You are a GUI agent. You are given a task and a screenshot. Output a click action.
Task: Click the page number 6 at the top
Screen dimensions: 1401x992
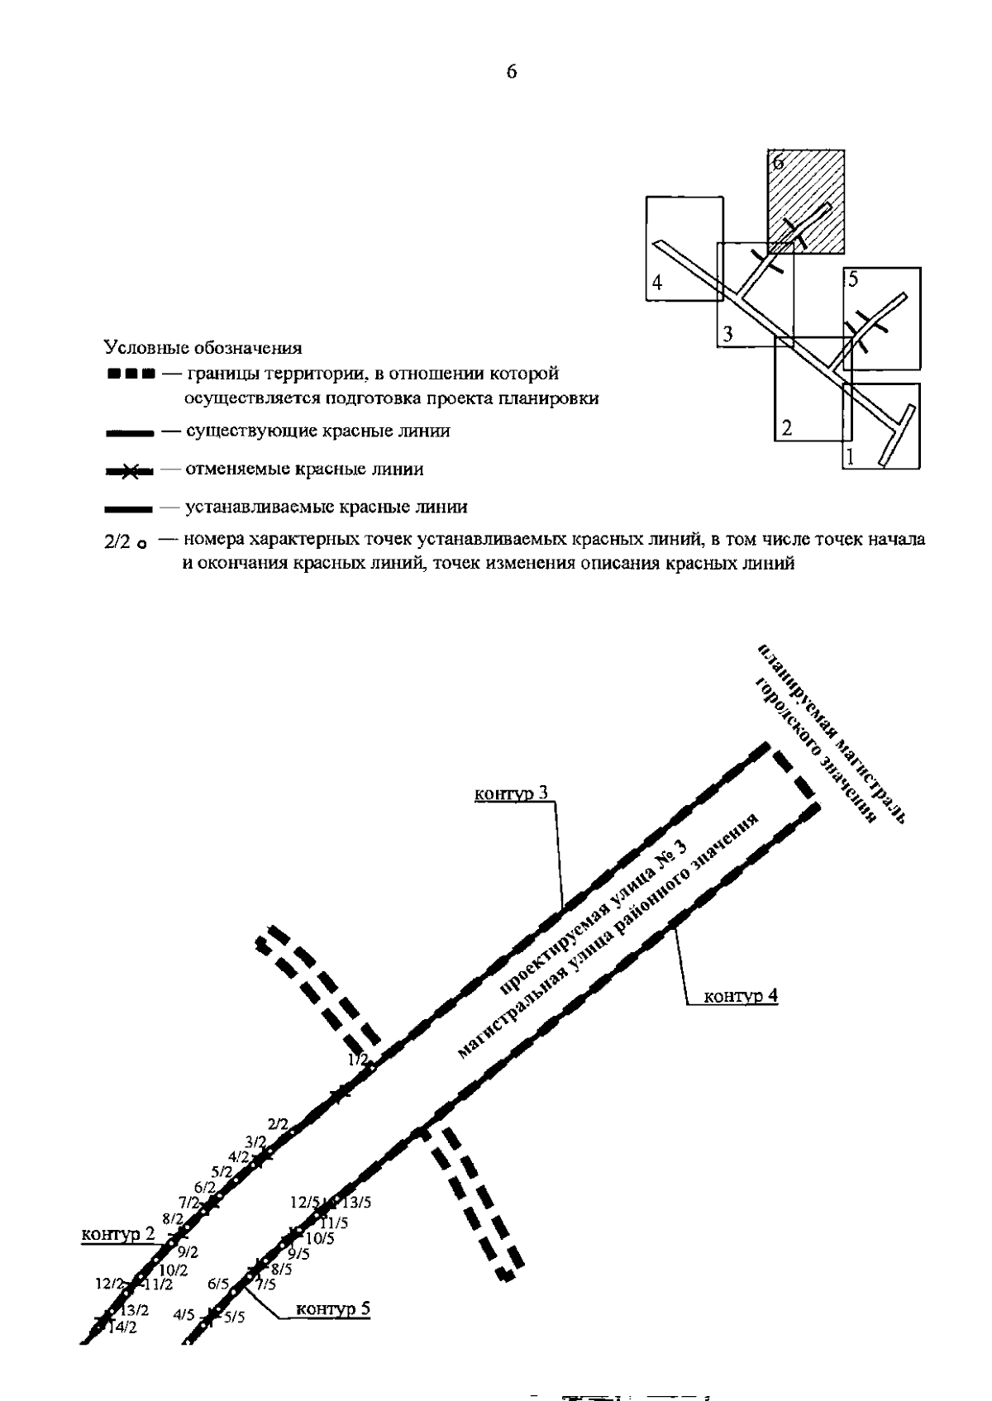511,72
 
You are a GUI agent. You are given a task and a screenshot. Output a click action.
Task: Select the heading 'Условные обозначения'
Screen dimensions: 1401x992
203,348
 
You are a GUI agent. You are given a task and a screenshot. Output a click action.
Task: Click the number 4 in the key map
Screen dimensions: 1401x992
657,284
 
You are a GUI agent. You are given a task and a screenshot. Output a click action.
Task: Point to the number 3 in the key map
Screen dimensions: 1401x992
727,335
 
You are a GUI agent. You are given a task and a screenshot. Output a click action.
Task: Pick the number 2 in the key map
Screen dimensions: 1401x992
787,428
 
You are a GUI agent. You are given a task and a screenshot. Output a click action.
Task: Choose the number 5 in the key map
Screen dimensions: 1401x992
853,279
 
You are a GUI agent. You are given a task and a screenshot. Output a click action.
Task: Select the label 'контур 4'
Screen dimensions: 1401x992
741,996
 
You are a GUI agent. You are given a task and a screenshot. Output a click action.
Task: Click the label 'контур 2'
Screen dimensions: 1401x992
117,1234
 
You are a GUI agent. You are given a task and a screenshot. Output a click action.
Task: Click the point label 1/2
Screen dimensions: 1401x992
358,1059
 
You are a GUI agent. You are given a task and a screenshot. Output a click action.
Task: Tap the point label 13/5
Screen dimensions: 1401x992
356,1203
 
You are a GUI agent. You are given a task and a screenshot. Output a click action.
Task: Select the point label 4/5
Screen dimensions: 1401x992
184,1314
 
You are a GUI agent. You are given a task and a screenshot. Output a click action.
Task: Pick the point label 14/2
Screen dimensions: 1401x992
122,1328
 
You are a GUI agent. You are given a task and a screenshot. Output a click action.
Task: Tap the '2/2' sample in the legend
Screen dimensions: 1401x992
117,543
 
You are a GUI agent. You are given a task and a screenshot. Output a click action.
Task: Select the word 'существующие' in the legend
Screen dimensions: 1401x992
241,431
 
